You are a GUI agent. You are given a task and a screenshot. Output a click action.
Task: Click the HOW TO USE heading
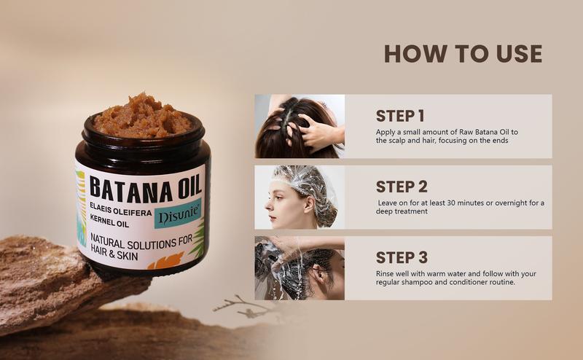(x=463, y=53)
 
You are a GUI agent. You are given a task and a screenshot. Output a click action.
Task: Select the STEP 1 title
(x=399, y=116)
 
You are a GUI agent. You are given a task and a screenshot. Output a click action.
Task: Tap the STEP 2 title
(x=402, y=187)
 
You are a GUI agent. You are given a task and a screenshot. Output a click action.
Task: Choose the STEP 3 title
(x=402, y=257)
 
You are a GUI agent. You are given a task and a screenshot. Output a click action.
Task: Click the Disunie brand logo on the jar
(x=178, y=215)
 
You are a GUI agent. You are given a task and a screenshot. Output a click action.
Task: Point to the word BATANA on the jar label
(x=131, y=189)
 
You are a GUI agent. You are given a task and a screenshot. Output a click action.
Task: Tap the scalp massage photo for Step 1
(x=300, y=127)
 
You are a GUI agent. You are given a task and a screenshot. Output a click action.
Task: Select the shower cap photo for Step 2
(x=300, y=197)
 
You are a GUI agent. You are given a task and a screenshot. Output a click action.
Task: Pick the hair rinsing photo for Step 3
(x=300, y=267)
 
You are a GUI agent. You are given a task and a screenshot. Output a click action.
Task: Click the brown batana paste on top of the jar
(x=142, y=116)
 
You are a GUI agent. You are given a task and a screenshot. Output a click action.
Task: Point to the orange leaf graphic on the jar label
(x=166, y=261)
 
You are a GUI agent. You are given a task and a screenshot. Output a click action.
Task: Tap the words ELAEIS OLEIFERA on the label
(x=121, y=209)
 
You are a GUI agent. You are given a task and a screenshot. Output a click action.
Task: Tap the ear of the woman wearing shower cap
(x=309, y=204)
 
